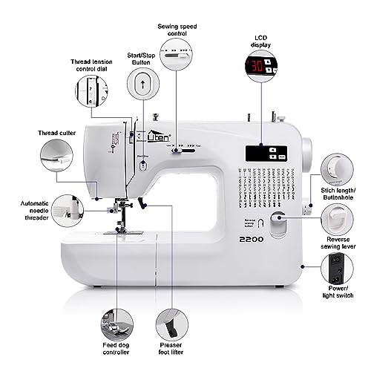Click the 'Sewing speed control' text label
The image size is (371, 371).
click(177, 29)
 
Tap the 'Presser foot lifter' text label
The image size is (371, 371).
click(170, 349)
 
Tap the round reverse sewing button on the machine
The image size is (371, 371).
click(279, 220)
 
